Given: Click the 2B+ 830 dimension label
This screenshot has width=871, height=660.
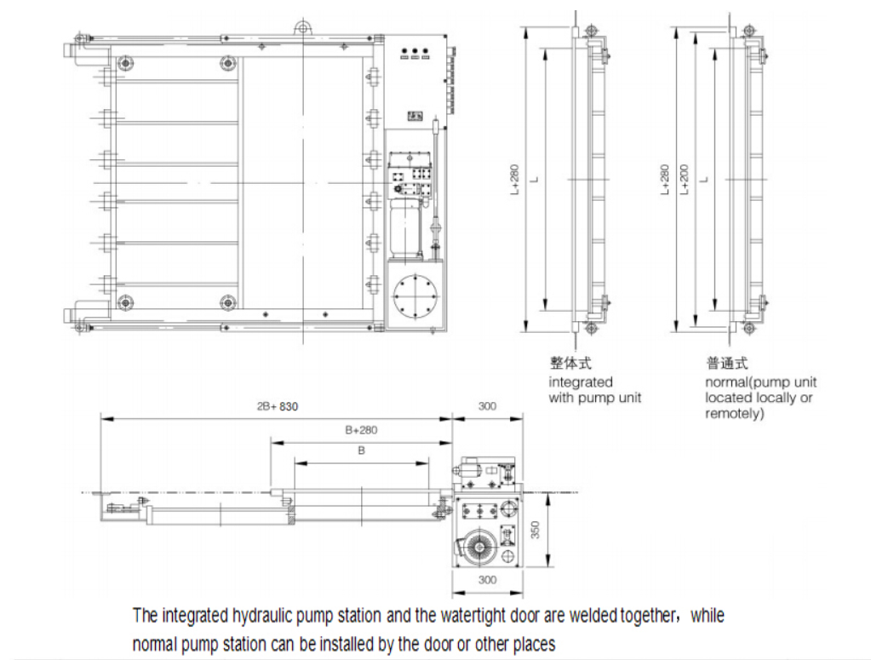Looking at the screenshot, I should tap(278, 407).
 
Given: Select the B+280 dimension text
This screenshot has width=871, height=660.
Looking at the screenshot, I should tap(361, 430).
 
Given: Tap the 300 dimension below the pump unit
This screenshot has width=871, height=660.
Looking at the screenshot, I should tap(486, 580).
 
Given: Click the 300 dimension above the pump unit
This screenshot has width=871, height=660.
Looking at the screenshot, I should tap(486, 407).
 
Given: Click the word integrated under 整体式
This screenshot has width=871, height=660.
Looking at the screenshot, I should tap(580, 382).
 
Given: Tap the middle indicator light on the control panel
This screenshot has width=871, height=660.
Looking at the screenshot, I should tap(414, 52).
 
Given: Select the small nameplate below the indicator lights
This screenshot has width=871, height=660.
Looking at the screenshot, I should tap(415, 115).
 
